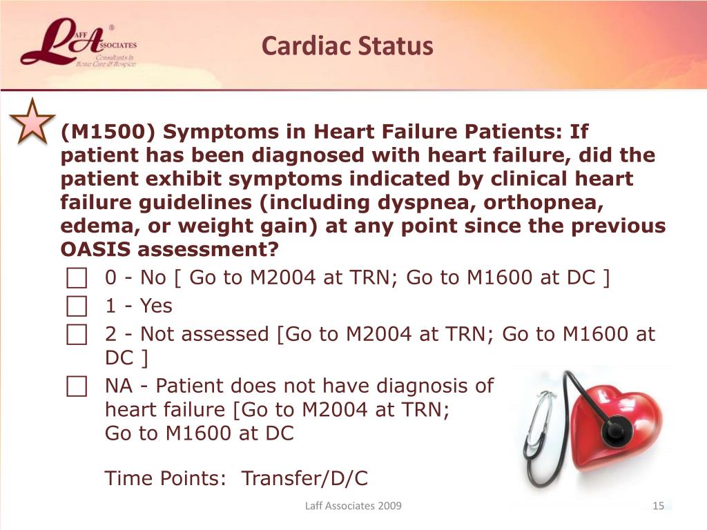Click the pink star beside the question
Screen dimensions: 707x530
tap(32, 123)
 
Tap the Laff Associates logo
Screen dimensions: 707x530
tap(79, 43)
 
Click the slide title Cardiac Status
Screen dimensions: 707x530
tap(347, 46)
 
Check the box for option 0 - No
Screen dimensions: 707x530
tap(77, 277)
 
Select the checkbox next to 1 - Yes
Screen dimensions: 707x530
tap(77, 306)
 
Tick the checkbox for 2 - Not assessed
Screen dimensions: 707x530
tap(77, 335)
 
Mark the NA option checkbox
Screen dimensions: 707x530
tap(77, 386)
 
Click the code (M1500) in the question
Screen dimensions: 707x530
tap(108, 132)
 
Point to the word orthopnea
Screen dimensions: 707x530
tap(543, 203)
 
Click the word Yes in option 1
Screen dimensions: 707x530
tap(156, 306)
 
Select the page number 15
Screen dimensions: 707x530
tap(658, 506)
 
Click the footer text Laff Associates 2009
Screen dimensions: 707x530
tap(353, 506)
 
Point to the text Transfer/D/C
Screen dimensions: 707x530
tap(304, 478)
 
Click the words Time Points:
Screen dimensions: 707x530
tap(165, 478)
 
